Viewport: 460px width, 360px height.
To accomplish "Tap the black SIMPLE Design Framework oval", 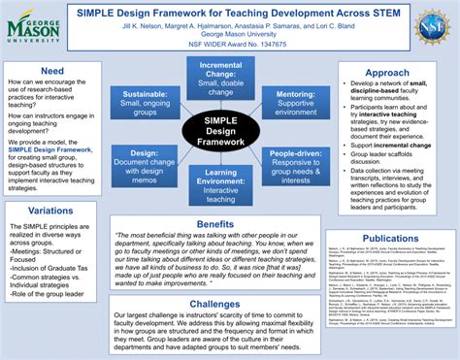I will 221,130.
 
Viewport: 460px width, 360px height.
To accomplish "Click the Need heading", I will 52,72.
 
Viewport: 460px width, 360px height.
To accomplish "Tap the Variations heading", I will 52,211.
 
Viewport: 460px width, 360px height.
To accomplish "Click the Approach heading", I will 386,73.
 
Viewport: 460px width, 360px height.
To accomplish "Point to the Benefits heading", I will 214,223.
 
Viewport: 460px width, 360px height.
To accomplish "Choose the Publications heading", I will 390,238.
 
